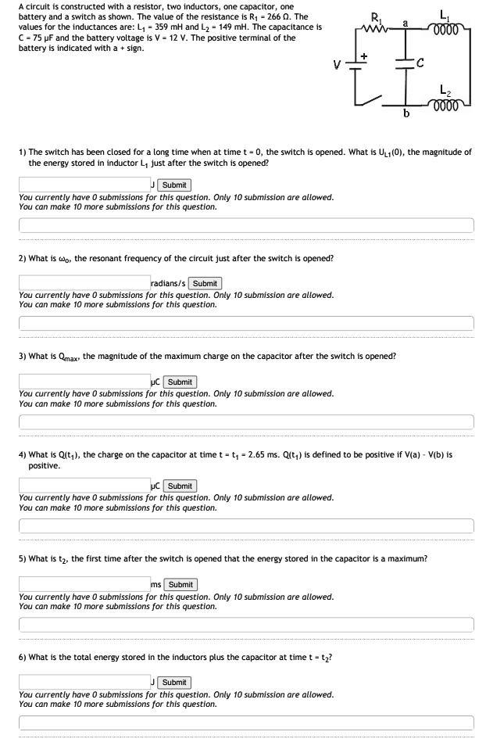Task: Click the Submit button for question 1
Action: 174,185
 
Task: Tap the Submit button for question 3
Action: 180,382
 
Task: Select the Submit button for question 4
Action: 180,486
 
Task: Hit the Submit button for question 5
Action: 180,584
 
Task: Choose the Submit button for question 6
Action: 174,682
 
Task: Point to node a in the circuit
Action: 406,23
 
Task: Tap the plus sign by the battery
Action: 363,55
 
